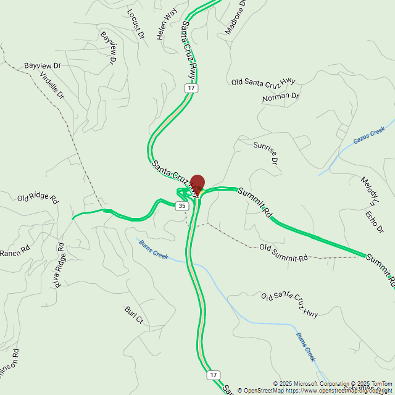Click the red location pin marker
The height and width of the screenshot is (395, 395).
197,183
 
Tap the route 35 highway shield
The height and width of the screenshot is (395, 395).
181,206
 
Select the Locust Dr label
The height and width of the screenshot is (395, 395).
135,24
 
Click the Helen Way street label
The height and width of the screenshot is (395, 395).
167,24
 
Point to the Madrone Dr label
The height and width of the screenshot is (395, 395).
235,17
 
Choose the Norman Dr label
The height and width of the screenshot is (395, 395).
280,97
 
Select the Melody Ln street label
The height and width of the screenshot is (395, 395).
371,190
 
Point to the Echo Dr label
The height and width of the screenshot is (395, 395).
374,222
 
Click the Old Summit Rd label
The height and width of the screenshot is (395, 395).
283,253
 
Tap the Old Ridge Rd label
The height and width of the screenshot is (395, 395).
37,199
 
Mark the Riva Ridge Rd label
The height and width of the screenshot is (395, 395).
59,265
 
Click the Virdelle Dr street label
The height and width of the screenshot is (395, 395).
52,85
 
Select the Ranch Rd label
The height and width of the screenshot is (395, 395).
15,252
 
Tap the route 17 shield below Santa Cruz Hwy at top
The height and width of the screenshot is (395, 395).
192,88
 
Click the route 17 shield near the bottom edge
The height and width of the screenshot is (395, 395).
214,375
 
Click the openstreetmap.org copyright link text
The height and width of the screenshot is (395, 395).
339,390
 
